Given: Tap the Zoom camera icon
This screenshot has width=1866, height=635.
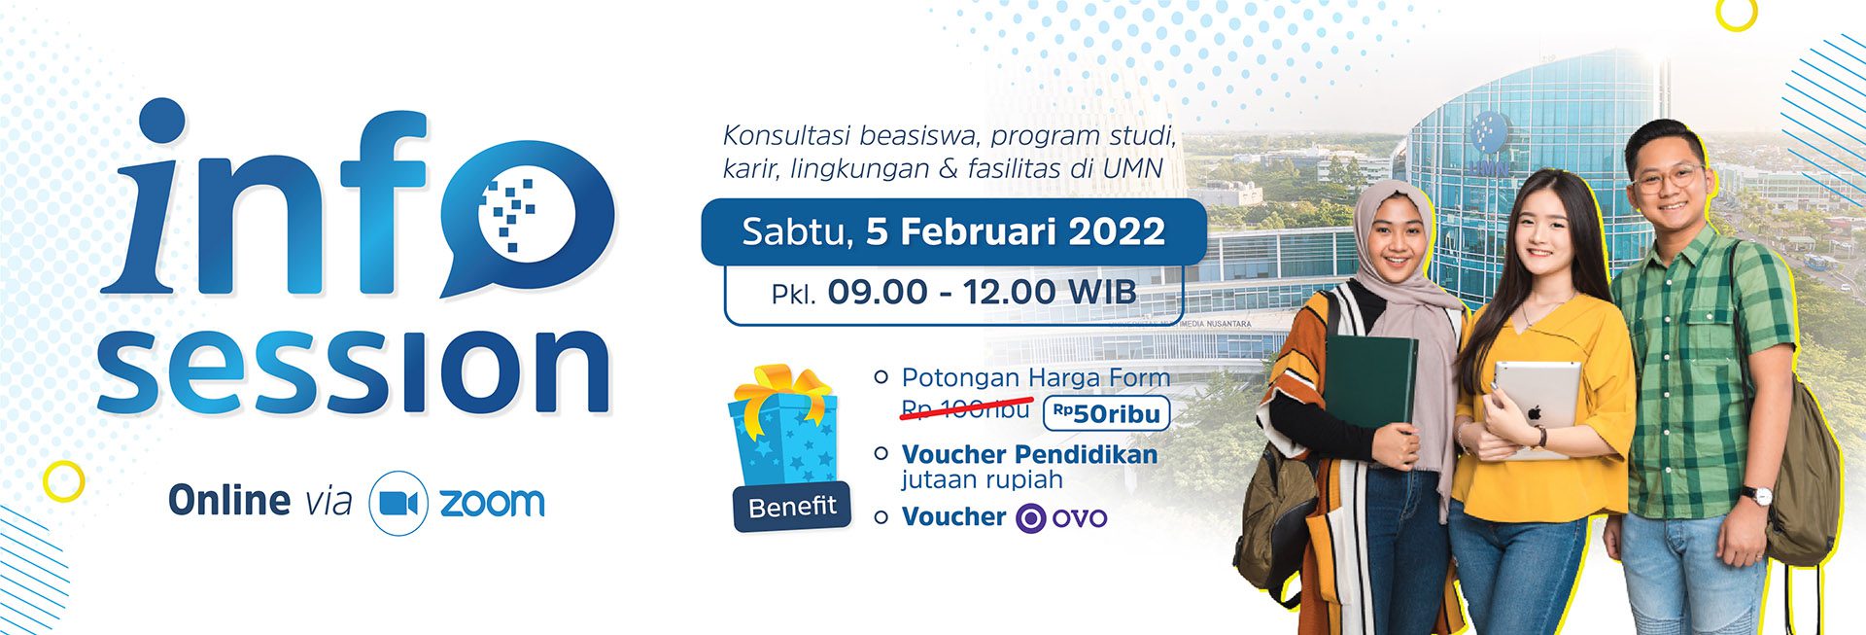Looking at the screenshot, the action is [398, 503].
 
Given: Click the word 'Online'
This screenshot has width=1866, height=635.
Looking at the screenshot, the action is [229, 501].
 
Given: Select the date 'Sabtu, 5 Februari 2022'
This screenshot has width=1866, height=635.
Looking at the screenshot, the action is [953, 231].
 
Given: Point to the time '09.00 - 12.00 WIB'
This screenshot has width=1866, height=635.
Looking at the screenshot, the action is [982, 292].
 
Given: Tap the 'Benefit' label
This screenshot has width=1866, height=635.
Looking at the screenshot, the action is [792, 506].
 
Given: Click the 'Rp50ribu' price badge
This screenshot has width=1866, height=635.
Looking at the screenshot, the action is [1106, 413].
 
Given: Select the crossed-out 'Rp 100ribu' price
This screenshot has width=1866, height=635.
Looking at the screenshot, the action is [965, 409].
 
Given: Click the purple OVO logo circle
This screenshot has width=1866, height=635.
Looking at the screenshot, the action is [1030, 517].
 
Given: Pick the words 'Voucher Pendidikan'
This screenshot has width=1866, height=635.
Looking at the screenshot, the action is [1029, 454].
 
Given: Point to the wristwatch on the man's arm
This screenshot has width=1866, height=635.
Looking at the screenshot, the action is [1757, 495].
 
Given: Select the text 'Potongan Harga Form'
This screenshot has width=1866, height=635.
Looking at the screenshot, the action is [1036, 377].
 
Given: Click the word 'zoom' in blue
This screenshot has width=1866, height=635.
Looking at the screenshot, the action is [492, 503].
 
